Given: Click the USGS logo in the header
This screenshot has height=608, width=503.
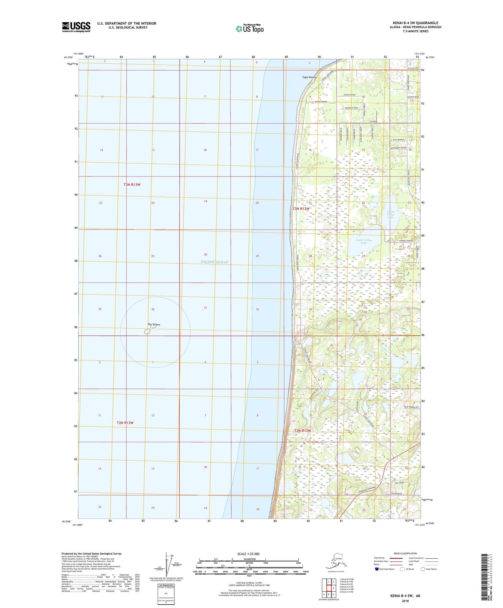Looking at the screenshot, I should click(76, 27).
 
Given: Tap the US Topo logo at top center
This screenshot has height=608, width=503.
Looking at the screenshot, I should click(249, 29).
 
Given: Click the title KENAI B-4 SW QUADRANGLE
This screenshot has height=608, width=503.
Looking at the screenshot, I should click(415, 23).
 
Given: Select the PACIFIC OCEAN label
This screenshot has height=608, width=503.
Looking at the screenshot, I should click(214, 262).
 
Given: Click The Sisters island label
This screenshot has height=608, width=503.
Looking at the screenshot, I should click(154, 325).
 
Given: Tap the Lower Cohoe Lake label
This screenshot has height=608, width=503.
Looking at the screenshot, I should click(364, 241).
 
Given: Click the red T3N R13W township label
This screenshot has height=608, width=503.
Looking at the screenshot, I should click(132, 185).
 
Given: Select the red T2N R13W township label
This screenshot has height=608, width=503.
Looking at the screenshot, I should click(125, 423).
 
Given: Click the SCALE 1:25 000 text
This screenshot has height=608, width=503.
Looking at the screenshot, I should click(248, 554).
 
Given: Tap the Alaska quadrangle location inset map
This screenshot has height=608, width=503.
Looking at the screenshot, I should click(336, 561).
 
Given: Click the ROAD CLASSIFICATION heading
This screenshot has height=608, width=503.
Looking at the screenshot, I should click(405, 553).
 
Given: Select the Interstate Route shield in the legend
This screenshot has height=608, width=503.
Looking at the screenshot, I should click(377, 569).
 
